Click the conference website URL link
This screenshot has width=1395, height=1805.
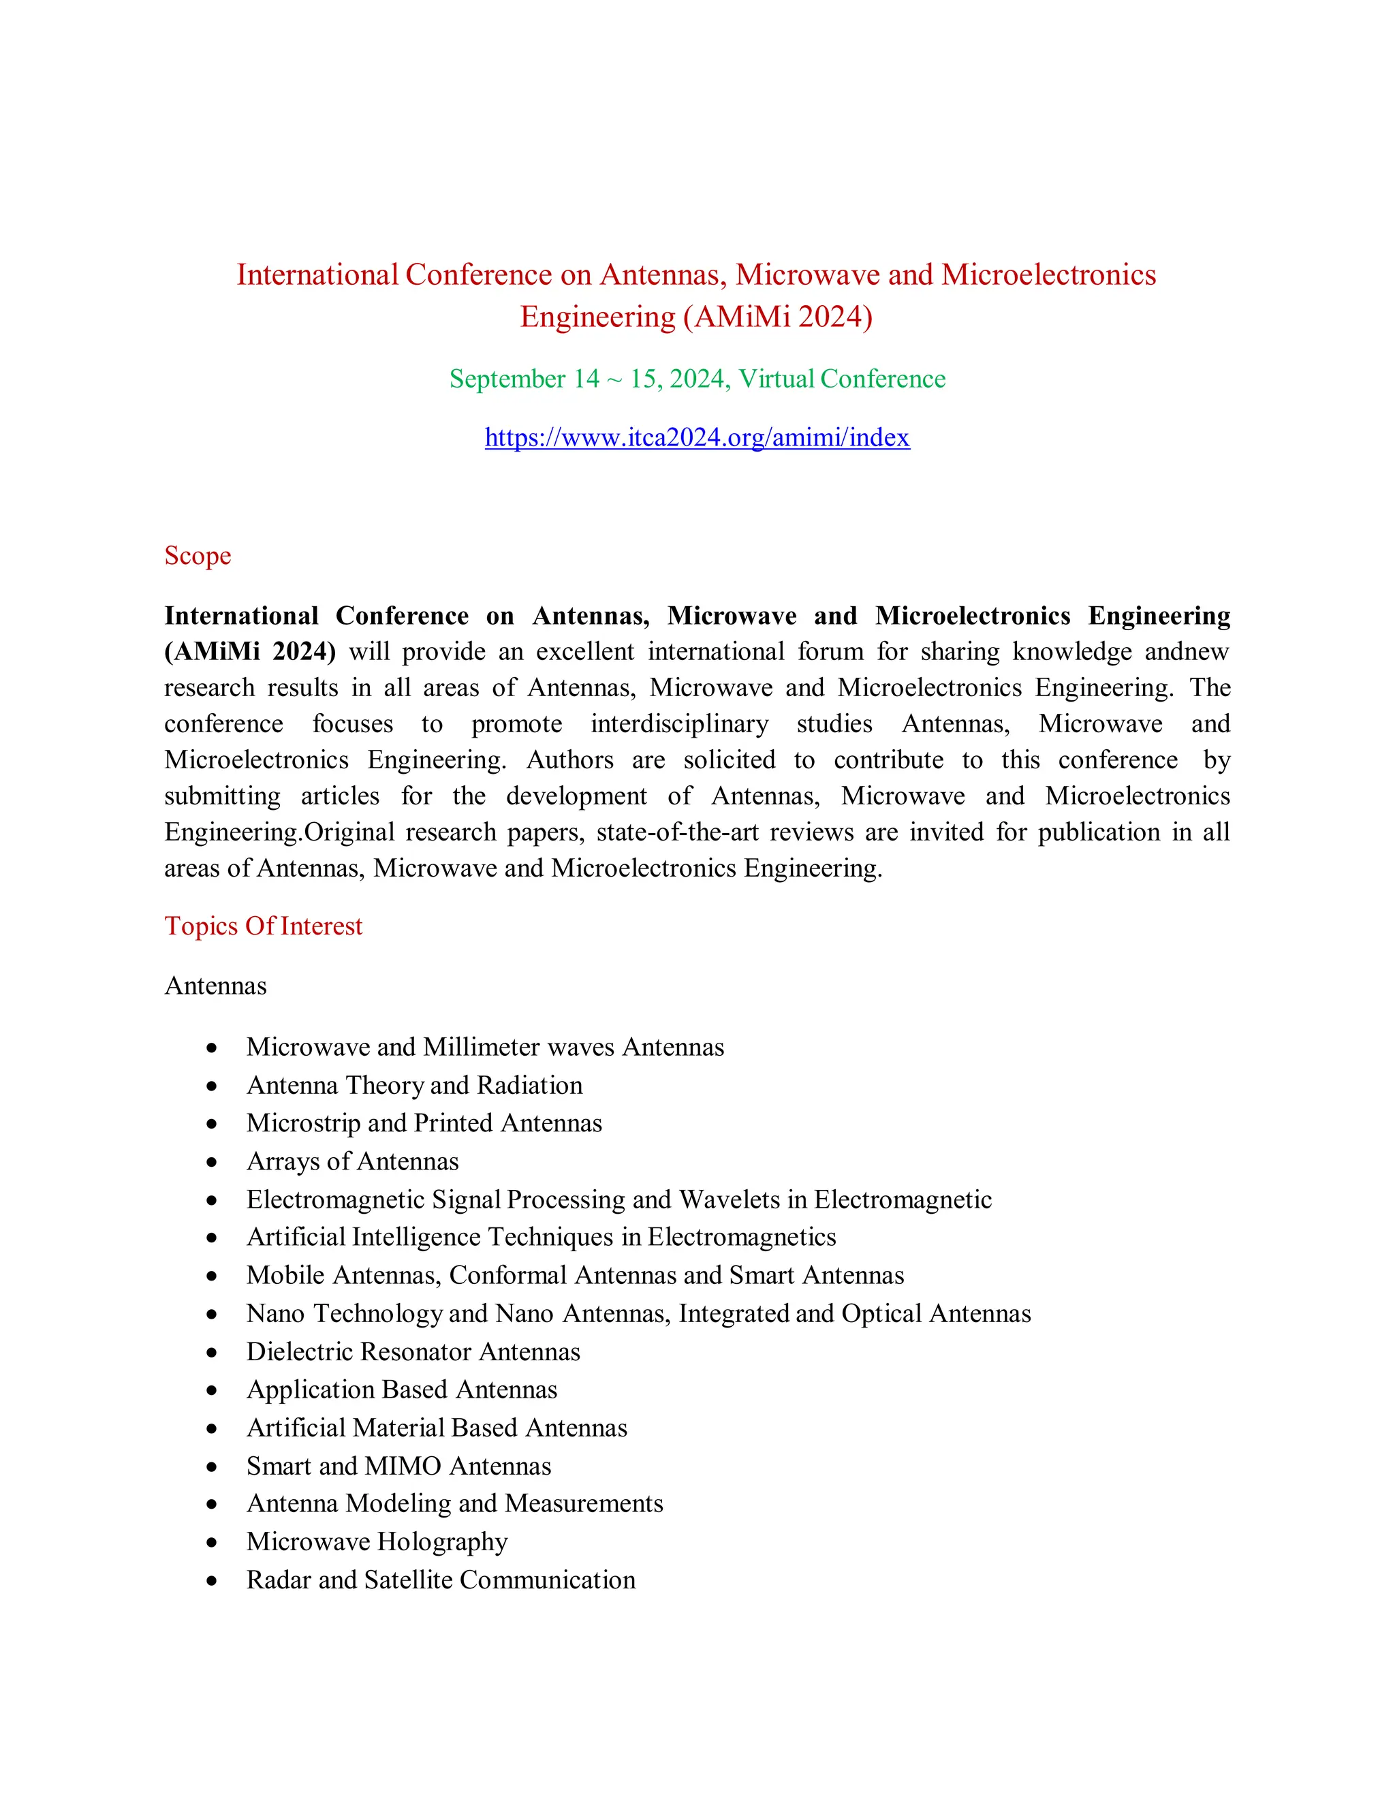(x=697, y=437)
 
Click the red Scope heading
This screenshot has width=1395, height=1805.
(x=198, y=555)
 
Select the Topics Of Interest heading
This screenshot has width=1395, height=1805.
(x=263, y=926)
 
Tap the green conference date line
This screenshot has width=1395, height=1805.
(x=697, y=379)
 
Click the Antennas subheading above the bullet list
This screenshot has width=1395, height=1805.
(x=216, y=986)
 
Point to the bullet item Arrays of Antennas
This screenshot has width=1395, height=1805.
(x=352, y=1161)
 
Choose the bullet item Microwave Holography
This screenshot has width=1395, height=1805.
(x=377, y=1541)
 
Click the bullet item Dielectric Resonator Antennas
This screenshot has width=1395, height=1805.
(x=413, y=1351)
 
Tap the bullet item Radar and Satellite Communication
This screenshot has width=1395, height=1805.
(x=441, y=1580)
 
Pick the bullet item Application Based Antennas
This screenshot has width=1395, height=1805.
(x=402, y=1390)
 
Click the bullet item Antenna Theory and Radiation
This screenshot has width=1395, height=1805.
(x=414, y=1085)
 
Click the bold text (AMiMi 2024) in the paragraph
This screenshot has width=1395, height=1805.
(x=249, y=652)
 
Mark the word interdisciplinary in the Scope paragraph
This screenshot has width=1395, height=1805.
(x=679, y=724)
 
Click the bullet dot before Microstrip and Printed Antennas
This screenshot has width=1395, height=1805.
(x=213, y=1124)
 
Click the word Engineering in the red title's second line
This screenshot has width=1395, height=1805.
(x=597, y=317)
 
